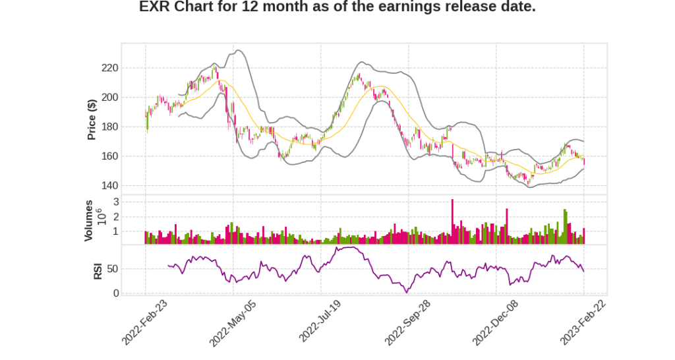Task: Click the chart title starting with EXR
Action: pos(337,8)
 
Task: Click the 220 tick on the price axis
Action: pos(110,68)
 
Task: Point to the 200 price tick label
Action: pos(110,98)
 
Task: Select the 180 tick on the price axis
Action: pos(110,127)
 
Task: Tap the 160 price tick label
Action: pos(110,156)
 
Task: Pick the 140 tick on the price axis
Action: pos(110,185)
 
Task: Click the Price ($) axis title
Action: pos(92,119)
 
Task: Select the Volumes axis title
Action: pos(89,220)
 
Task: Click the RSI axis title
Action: pos(98,270)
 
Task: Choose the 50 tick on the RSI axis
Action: pos(111,269)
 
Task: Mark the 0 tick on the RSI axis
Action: pos(115,293)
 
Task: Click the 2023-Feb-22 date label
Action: pos(583,322)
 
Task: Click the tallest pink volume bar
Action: pos(452,222)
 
